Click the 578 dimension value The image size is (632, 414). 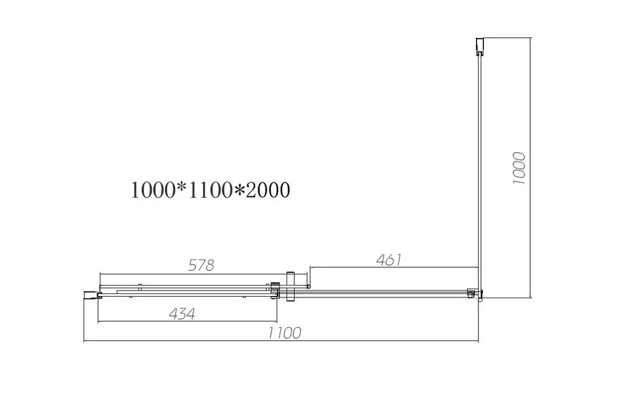pyautogui.click(x=201, y=265)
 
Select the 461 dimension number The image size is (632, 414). pyautogui.click(x=388, y=260)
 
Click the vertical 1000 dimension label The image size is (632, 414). pyautogui.click(x=520, y=168)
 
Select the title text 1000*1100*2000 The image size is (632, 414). pyautogui.click(x=210, y=190)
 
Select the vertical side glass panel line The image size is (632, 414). pyautogui.click(x=479, y=168)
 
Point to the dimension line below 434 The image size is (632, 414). pyautogui.click(x=183, y=322)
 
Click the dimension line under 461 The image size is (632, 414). pyautogui.click(x=393, y=267)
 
